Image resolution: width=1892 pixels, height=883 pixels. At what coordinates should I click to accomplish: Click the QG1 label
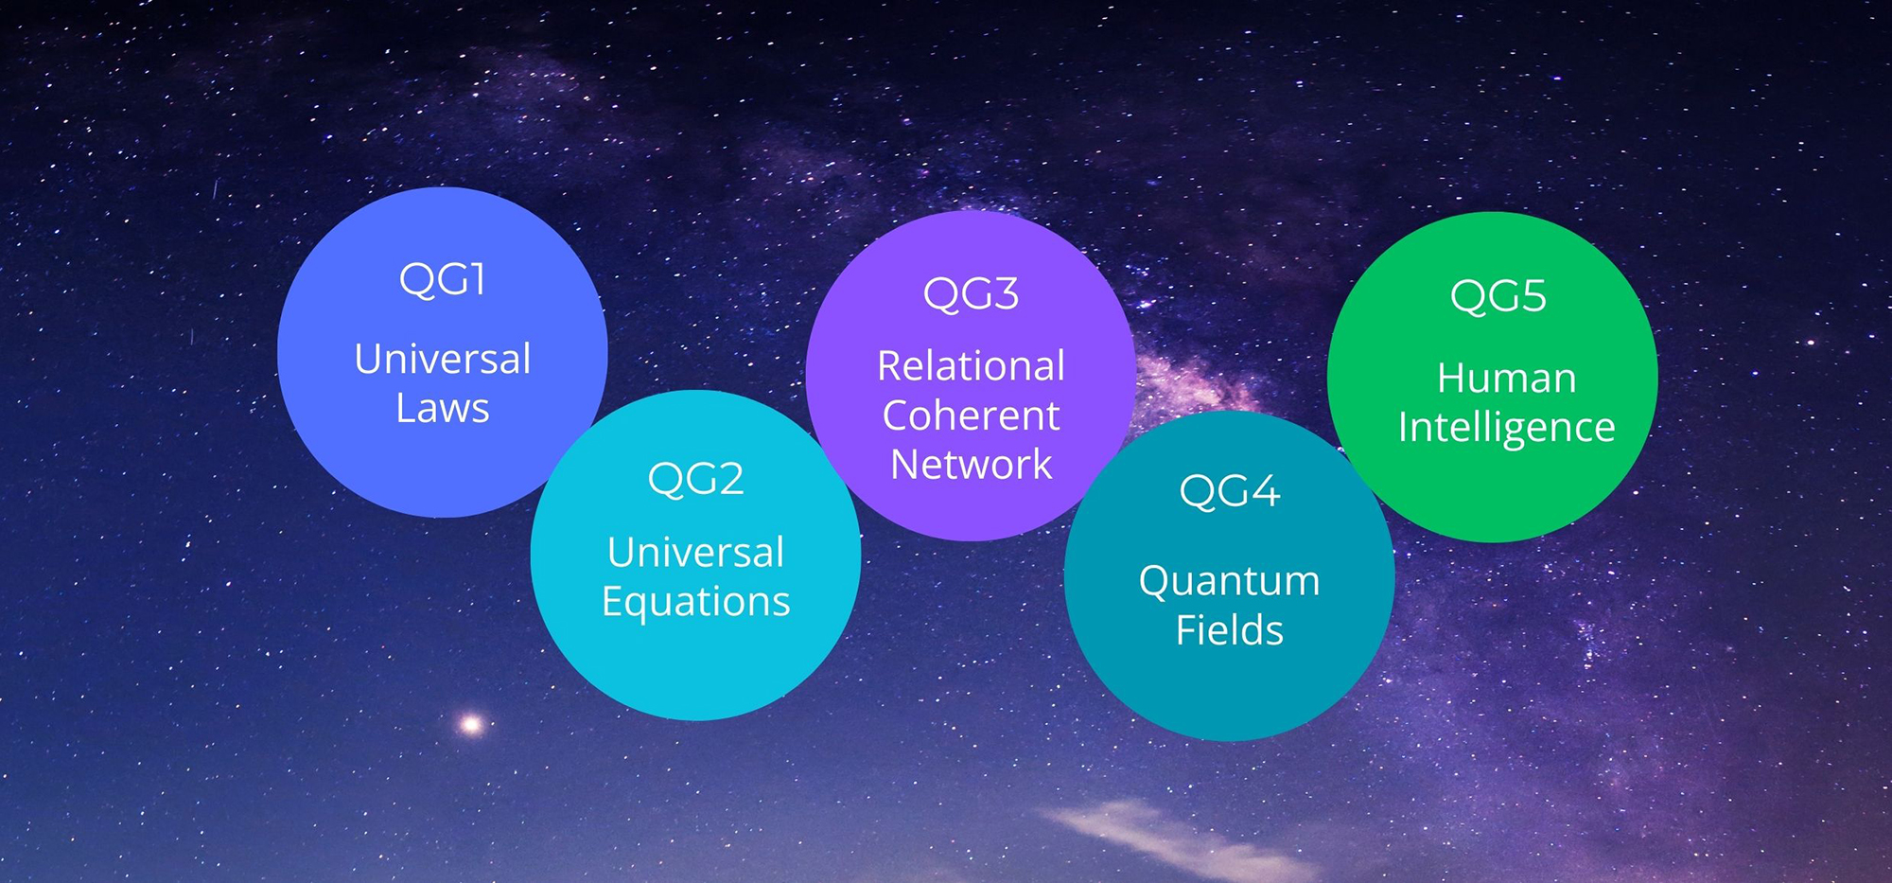click(442, 280)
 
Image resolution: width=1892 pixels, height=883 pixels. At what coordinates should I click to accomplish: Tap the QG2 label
click(695, 479)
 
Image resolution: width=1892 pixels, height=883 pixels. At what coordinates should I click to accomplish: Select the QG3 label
click(971, 294)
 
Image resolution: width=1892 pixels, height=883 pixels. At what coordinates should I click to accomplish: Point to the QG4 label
click(1229, 491)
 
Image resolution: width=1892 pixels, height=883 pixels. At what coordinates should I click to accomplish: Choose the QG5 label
click(1498, 296)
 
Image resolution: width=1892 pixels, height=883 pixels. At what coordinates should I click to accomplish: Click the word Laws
click(443, 409)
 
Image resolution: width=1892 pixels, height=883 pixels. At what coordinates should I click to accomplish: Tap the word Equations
click(696, 603)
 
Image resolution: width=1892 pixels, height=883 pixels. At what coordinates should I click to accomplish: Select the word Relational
click(971, 366)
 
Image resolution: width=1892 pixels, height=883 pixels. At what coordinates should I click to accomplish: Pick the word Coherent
click(971, 415)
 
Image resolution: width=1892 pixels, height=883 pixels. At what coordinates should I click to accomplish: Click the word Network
click(971, 465)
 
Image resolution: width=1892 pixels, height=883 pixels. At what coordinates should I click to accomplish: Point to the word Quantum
click(1229, 582)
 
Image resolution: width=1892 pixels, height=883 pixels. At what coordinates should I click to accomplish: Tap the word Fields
click(1229, 630)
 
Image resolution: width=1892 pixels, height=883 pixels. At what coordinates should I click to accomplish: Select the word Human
click(1506, 379)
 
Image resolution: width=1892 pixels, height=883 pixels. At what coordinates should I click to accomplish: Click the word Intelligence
click(1506, 429)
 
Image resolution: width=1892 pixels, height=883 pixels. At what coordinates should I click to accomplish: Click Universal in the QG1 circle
click(443, 360)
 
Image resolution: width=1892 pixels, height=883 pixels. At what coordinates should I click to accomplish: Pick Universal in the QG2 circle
click(696, 553)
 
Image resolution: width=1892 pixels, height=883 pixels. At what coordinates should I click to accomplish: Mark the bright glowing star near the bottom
click(470, 725)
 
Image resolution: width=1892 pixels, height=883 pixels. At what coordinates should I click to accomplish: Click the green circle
click(1492, 377)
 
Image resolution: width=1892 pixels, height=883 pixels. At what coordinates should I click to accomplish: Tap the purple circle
click(971, 376)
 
